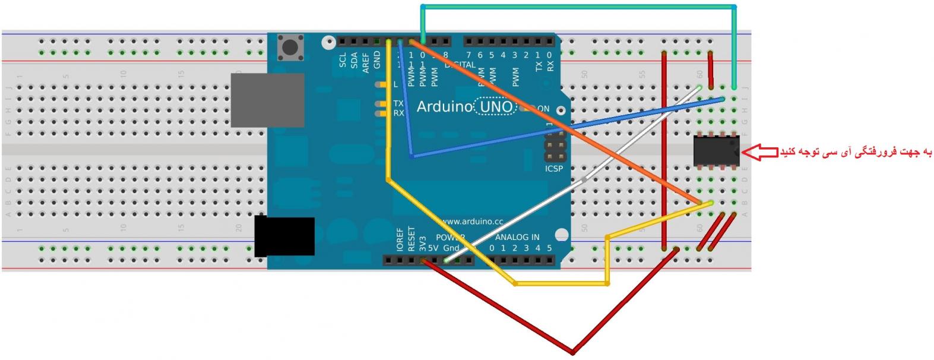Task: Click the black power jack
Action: (x=284, y=236)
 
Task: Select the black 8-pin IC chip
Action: (x=716, y=151)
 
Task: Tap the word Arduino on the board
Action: (x=444, y=107)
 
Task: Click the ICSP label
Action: (x=553, y=169)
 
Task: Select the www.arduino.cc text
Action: (x=473, y=222)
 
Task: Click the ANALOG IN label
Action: (x=517, y=237)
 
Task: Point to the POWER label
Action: (x=449, y=237)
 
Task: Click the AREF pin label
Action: (x=366, y=62)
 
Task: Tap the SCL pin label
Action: (x=343, y=60)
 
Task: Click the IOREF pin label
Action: (x=400, y=239)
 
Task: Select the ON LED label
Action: (x=543, y=109)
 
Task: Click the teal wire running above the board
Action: (x=579, y=7)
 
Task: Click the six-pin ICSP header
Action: (x=553, y=146)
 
